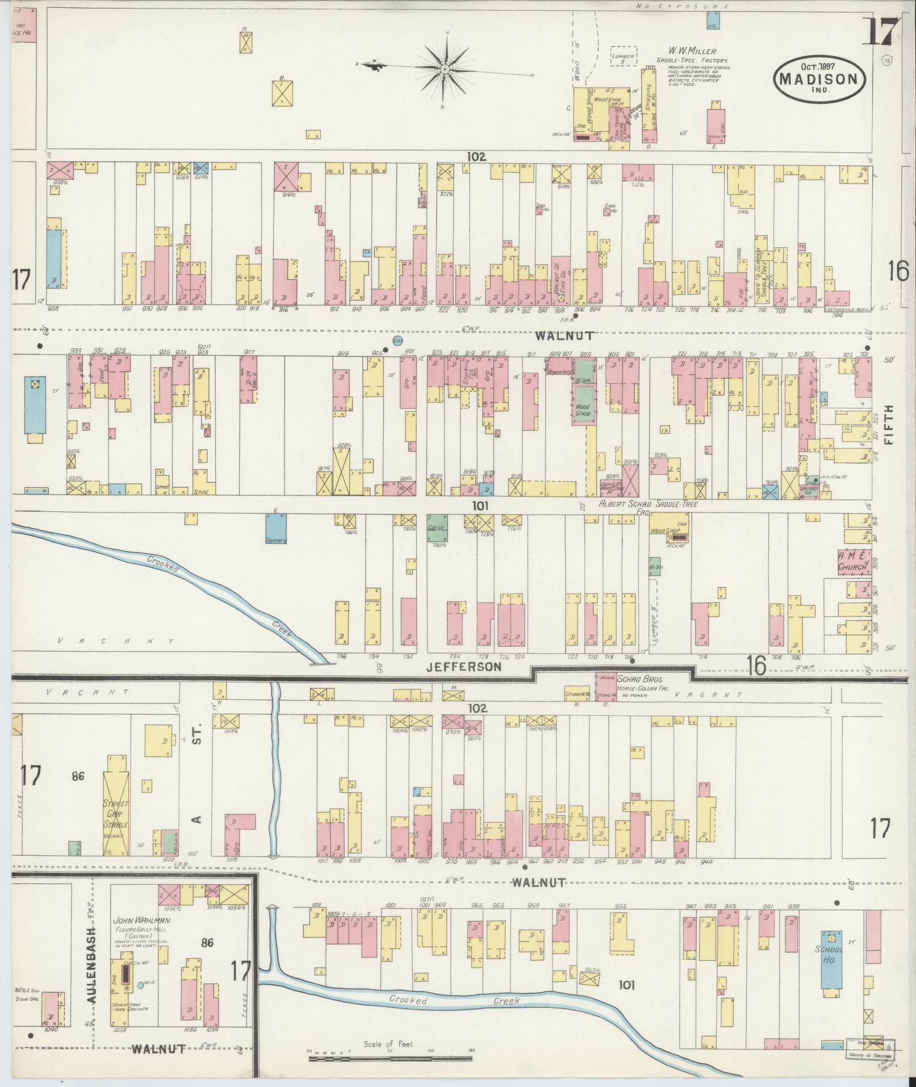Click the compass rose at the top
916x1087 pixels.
[445, 69]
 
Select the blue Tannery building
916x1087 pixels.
[276, 530]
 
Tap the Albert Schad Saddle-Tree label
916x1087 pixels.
[649, 504]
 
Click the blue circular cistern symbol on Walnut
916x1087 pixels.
[398, 341]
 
